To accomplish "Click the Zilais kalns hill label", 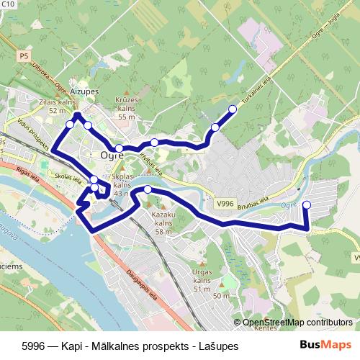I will click(x=58, y=107).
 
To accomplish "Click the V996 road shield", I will click(x=225, y=204).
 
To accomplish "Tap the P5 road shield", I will click(x=24, y=55).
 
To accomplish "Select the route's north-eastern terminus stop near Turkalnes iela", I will click(x=232, y=109).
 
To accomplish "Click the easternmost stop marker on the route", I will click(x=306, y=205).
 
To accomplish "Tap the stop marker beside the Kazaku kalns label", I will click(x=148, y=189).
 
